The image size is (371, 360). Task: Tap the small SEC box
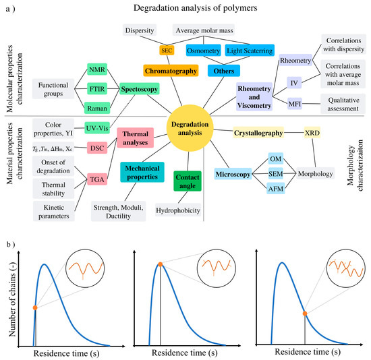(x=167, y=50)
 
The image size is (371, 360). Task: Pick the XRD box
(x=312, y=133)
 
